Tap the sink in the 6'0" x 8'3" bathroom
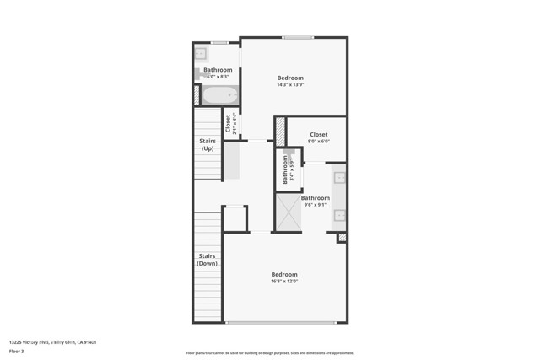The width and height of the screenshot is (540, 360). (x=202, y=53)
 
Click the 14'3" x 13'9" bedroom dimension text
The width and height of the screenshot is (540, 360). (x=290, y=85)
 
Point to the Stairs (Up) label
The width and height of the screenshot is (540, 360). (x=208, y=144)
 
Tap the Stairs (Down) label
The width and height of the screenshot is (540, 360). (x=208, y=260)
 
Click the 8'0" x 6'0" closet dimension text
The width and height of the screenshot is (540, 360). (x=318, y=142)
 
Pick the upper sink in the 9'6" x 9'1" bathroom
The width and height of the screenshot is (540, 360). (x=339, y=178)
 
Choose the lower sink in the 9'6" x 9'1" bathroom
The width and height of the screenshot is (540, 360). (x=339, y=215)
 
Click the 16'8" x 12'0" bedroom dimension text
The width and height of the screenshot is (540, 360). (x=284, y=282)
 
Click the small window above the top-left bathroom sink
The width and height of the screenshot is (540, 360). (x=219, y=42)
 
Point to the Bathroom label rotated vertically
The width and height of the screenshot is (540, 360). (x=287, y=169)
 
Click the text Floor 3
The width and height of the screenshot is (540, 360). (x=16, y=350)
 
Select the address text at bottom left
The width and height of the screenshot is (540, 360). (x=48, y=341)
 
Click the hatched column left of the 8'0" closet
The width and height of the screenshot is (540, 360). (x=280, y=131)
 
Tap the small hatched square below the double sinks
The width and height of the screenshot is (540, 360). (x=342, y=238)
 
